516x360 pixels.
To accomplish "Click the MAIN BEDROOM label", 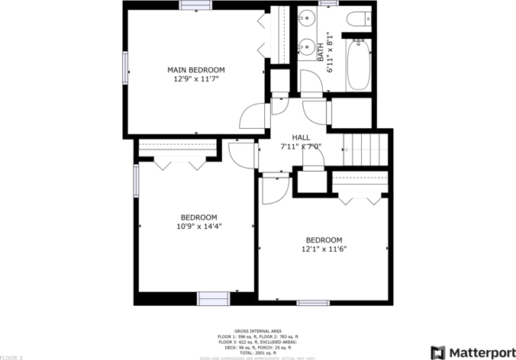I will (196, 70).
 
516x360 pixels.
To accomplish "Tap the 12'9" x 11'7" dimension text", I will (196, 79).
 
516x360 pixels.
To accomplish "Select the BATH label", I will (321, 51).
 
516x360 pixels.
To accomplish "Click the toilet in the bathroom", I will (357, 19).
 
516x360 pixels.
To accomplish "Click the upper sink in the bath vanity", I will (308, 17).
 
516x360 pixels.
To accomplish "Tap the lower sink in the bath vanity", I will (308, 44).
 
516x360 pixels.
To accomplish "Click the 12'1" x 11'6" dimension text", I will (324, 249).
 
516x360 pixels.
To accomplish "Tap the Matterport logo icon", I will (438, 352).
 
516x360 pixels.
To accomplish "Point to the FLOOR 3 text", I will (11, 356).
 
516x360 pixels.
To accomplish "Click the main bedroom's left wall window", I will (125, 69).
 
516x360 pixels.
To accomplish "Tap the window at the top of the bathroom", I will (329, 4).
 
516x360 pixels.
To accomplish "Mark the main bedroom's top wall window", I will (195, 5).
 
